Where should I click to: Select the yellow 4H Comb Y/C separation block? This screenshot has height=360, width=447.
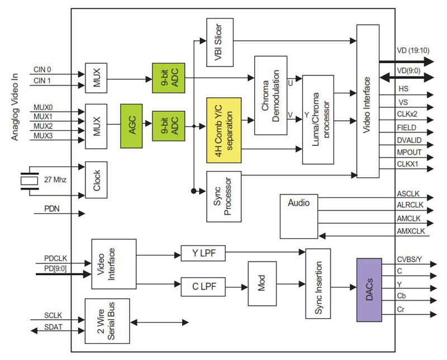point(224,130)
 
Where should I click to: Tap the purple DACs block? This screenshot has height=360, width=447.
point(368,290)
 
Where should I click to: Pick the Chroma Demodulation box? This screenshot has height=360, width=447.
point(270,95)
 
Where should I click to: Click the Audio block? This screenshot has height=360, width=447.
point(298,216)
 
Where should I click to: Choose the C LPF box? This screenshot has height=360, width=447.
point(203,287)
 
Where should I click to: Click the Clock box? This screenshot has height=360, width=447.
point(96,180)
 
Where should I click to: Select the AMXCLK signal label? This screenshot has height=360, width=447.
point(411,231)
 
